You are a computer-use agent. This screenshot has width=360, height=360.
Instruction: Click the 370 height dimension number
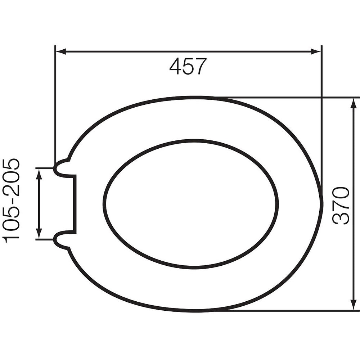341,206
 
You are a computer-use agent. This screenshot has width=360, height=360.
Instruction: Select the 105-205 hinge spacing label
12,200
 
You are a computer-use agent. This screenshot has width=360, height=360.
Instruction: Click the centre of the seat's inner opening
191,204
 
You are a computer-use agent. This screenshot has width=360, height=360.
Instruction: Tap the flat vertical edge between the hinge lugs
75,204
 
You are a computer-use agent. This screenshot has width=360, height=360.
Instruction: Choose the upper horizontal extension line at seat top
288,97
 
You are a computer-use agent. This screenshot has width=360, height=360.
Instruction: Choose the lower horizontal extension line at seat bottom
288,310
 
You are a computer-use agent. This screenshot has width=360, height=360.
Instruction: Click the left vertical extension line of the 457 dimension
55,108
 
